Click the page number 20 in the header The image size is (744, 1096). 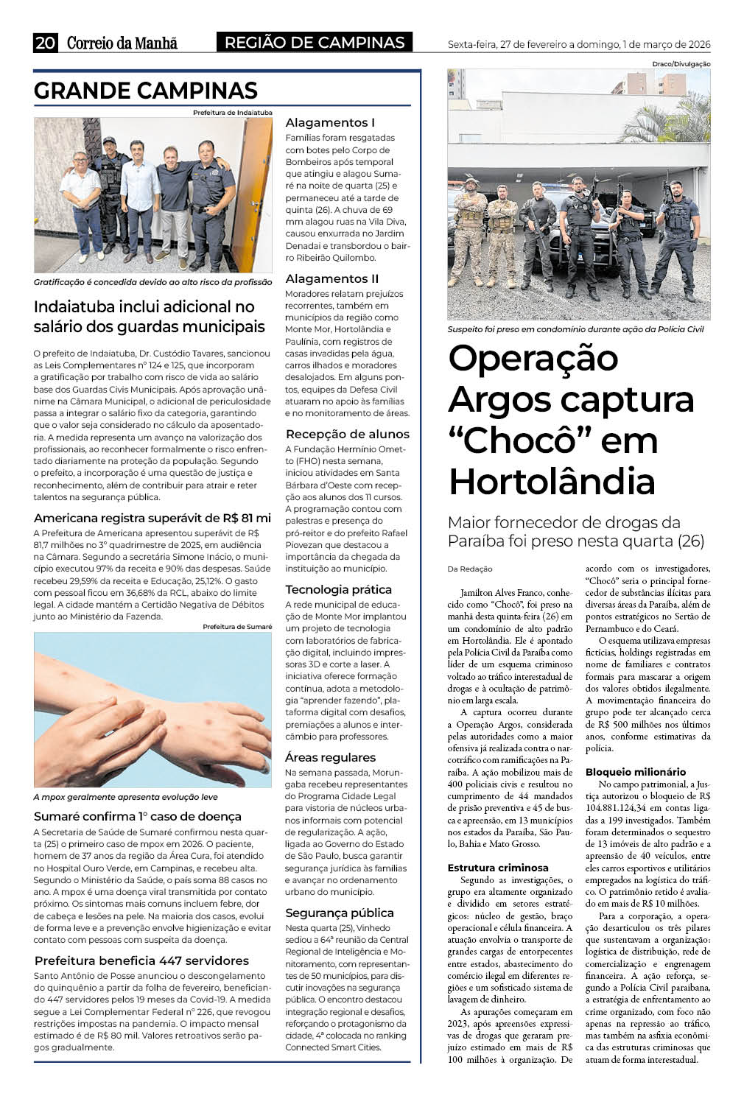click(x=45, y=43)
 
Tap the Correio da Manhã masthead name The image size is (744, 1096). click(x=122, y=43)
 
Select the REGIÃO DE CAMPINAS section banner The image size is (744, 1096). click(x=315, y=43)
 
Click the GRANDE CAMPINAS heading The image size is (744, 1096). click(x=145, y=91)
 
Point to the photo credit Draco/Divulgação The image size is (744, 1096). click(x=681, y=64)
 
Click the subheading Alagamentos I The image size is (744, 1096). click(x=330, y=122)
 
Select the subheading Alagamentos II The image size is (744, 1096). click(x=332, y=278)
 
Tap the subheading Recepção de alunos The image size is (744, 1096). click(x=347, y=434)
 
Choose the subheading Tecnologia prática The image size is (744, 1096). click(x=339, y=589)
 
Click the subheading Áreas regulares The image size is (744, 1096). click(x=330, y=757)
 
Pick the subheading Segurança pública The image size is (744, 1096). click(x=340, y=913)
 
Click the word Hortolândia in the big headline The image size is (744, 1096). click(x=552, y=482)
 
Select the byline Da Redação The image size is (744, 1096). click(x=470, y=569)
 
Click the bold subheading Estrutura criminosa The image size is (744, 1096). click(x=498, y=868)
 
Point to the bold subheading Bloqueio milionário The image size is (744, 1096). click(x=635, y=772)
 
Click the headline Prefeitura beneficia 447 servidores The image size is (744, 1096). click(x=141, y=960)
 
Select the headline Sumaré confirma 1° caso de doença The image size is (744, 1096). click(x=138, y=816)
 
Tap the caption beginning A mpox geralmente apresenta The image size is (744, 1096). click(x=125, y=797)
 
